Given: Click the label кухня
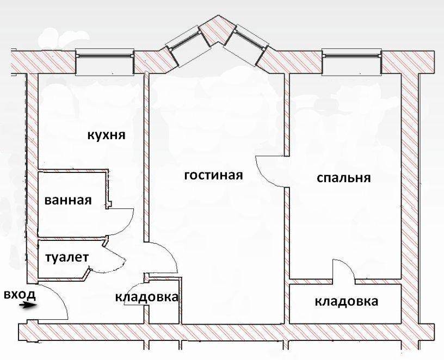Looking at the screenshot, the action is [x=107, y=135].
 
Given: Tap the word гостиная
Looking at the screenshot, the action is [x=213, y=176].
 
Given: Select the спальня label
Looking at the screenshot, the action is [x=343, y=178].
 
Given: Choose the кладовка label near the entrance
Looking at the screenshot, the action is [x=146, y=297].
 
